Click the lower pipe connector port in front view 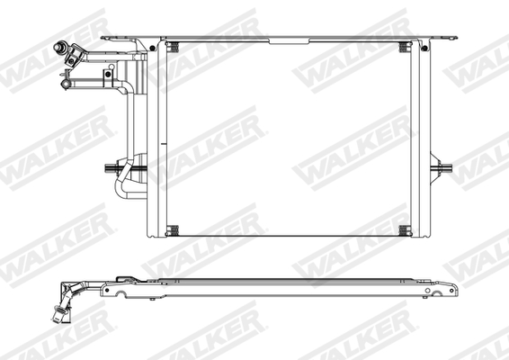tap(67, 84)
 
